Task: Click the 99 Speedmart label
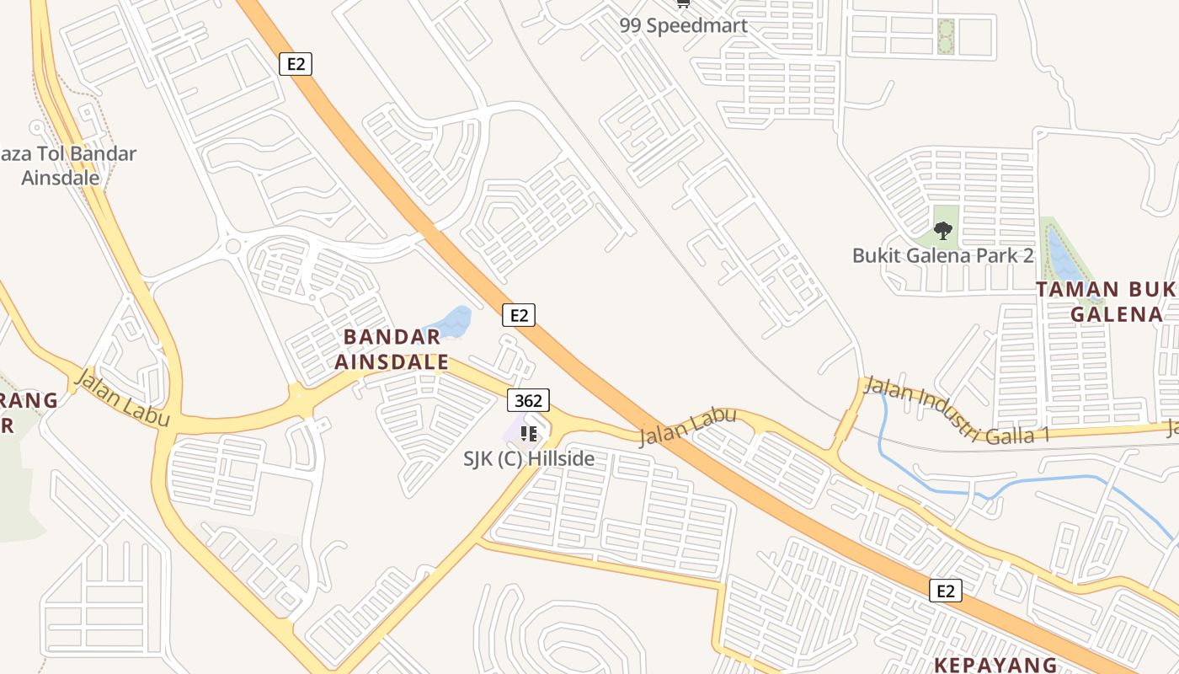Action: [x=683, y=24]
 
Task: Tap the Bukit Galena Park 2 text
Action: [x=942, y=255]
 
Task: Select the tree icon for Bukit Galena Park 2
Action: [x=942, y=229]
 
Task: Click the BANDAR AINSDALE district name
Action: [x=392, y=350]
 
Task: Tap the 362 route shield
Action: [x=528, y=400]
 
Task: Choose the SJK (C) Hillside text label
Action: [x=529, y=458]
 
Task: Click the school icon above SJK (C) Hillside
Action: [x=528, y=434]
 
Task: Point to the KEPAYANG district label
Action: [x=995, y=664]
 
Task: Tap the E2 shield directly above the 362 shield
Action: [x=519, y=315]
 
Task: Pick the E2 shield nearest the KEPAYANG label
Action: [x=946, y=591]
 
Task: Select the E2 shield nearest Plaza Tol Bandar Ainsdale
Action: [x=296, y=63]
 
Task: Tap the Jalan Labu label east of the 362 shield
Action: [x=687, y=427]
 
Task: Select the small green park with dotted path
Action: [x=946, y=37]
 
